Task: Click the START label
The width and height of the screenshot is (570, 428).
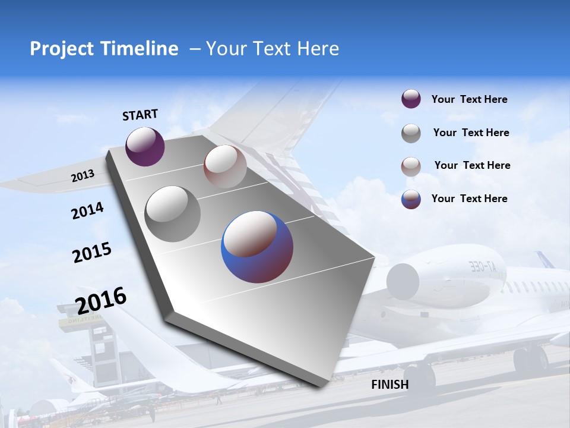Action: point(140,115)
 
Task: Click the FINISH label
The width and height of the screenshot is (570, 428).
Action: point(390,385)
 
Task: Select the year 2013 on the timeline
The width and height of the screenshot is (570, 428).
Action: point(83,176)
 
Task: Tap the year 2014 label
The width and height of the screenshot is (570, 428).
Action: point(87,210)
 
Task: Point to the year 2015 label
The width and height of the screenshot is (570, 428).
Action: point(92,253)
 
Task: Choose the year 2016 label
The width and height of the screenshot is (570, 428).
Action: point(102,300)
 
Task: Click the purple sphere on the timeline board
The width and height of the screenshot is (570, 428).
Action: point(145,146)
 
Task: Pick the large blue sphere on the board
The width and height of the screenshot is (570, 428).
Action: point(257,247)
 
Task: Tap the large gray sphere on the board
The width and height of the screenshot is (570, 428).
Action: point(173,213)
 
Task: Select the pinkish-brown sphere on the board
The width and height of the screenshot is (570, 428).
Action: point(225,166)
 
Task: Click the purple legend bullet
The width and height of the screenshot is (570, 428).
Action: point(411,99)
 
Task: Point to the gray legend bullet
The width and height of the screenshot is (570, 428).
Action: point(411,133)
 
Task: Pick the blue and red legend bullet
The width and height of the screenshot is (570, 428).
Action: point(411,199)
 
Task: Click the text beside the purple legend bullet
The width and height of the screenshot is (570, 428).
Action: point(469,100)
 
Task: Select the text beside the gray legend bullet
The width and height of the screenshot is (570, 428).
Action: point(471,133)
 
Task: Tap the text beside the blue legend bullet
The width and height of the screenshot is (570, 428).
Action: point(469,199)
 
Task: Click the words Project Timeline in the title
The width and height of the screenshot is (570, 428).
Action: point(104,49)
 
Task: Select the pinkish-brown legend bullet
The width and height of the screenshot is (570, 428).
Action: point(411,166)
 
